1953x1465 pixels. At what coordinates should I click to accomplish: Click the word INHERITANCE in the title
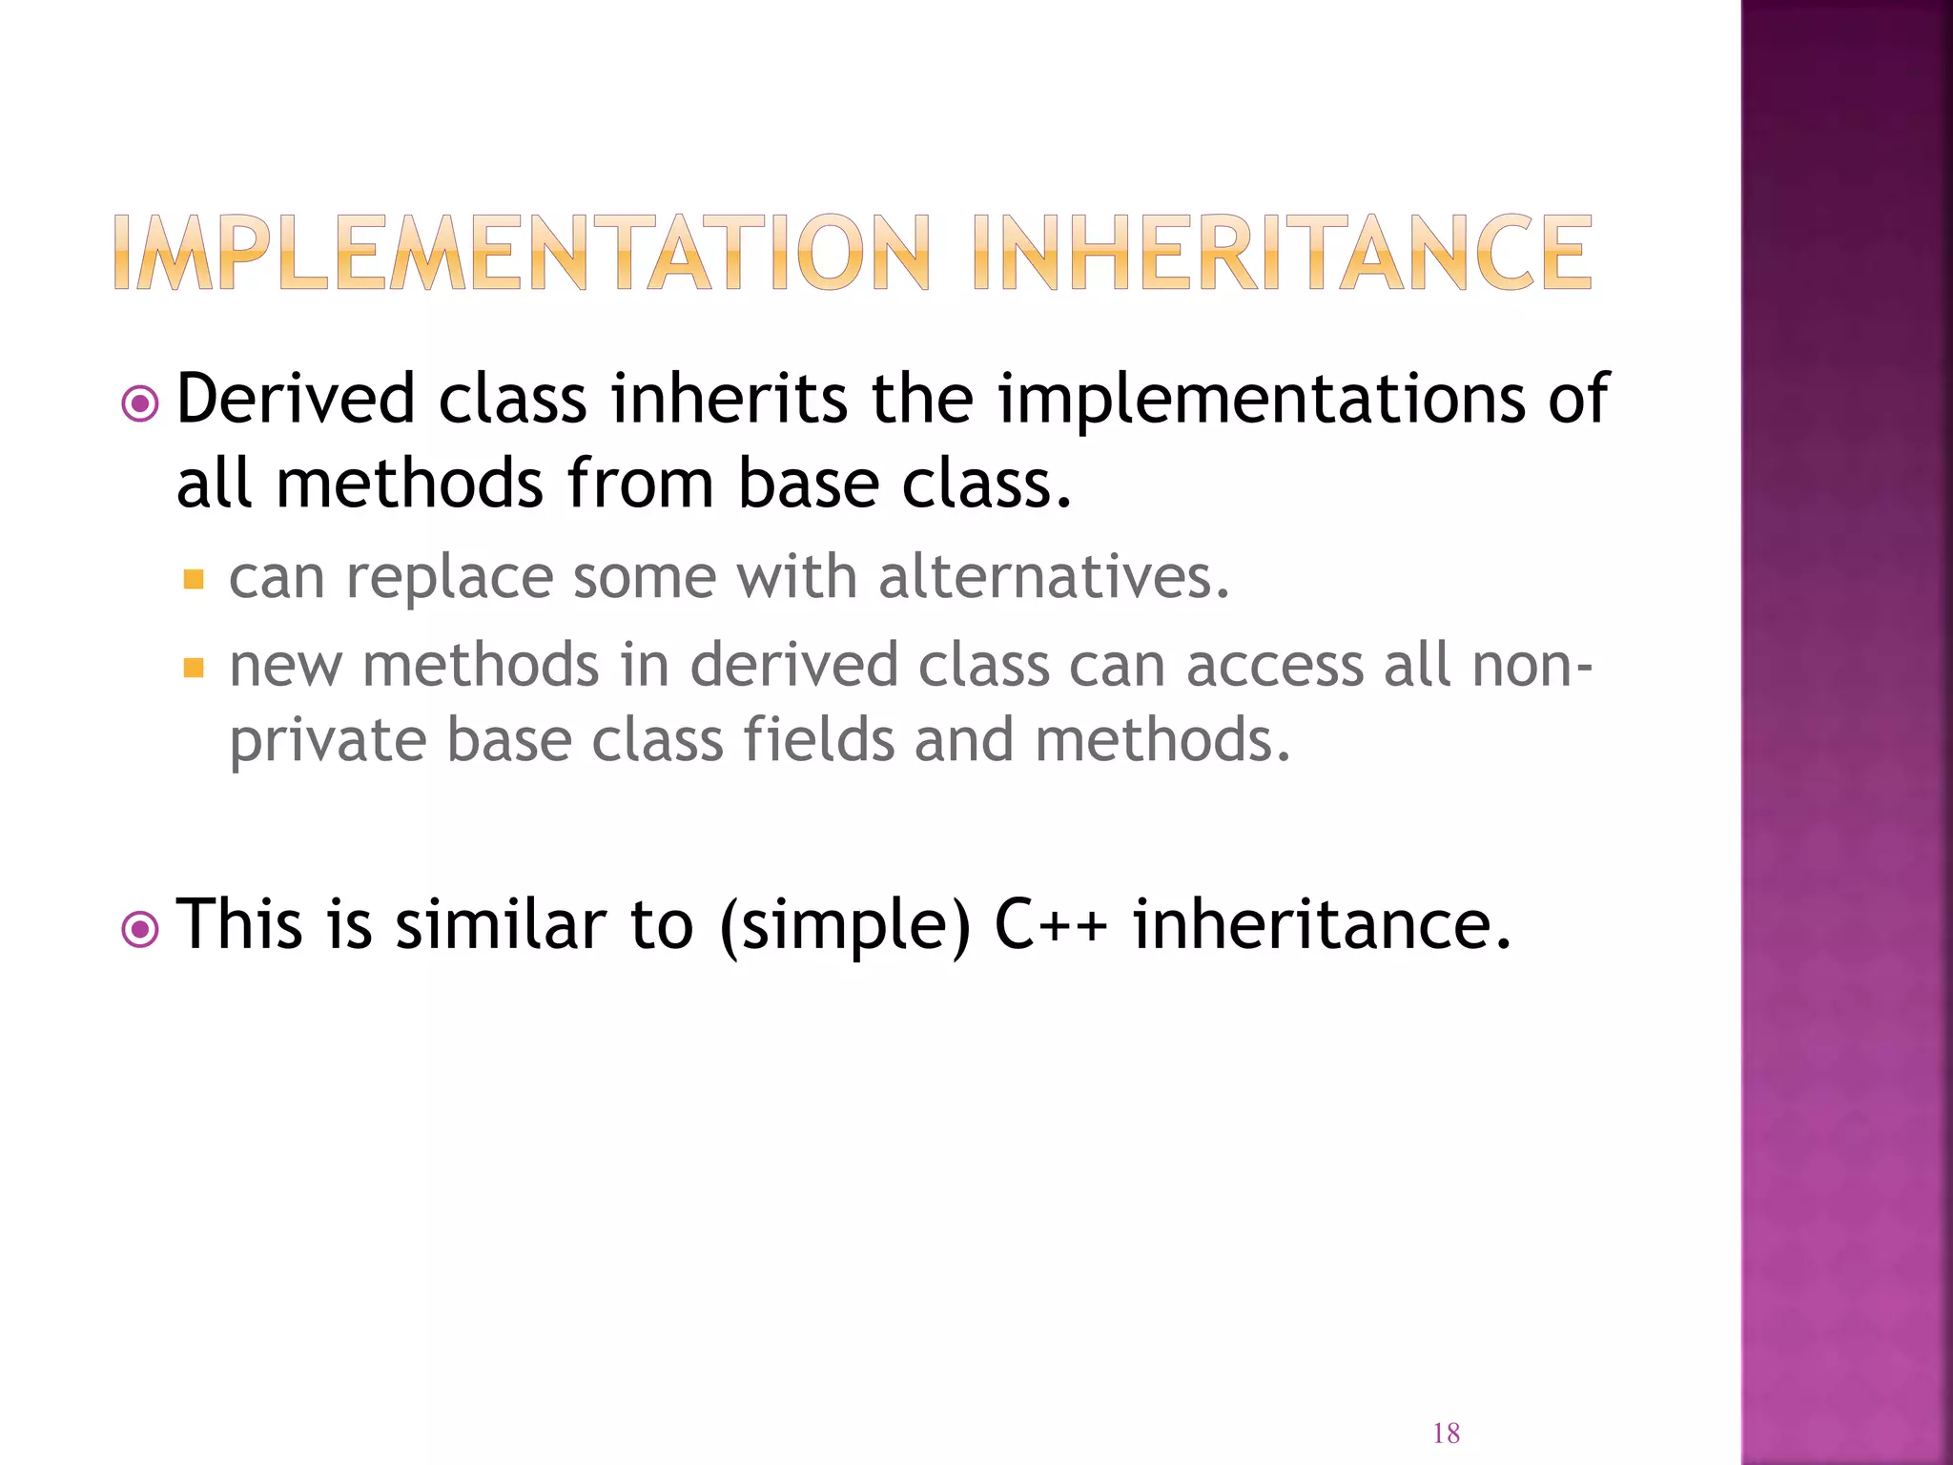pyautogui.click(x=1283, y=253)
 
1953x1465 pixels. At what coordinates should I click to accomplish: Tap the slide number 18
pyautogui.click(x=1446, y=1433)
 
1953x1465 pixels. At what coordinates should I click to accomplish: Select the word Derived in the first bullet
pyautogui.click(x=296, y=399)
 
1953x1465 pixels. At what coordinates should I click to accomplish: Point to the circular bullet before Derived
pyautogui.click(x=141, y=404)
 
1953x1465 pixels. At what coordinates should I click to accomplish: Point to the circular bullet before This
pyautogui.click(x=141, y=930)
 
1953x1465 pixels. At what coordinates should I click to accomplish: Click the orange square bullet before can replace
pyautogui.click(x=194, y=579)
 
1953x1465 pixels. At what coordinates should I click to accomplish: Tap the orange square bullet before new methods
pyautogui.click(x=194, y=667)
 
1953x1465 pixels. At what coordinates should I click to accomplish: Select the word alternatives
pyautogui.click(x=1054, y=577)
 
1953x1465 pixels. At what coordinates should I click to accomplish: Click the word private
pyautogui.click(x=326, y=741)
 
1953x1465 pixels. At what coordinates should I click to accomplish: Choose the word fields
pyautogui.click(x=818, y=739)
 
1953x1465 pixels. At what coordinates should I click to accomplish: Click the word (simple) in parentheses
pyautogui.click(x=845, y=926)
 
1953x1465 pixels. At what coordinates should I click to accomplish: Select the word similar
pyautogui.click(x=500, y=924)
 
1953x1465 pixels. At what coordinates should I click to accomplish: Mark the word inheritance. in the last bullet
pyautogui.click(x=1322, y=924)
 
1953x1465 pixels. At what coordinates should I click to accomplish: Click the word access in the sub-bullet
pyautogui.click(x=1274, y=665)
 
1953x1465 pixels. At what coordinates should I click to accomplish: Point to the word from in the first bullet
pyautogui.click(x=640, y=483)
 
